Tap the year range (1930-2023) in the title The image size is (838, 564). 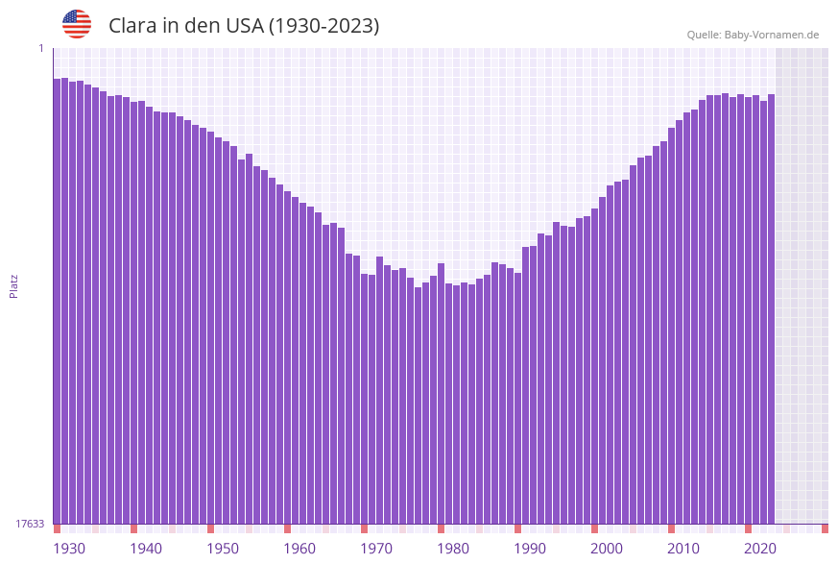tap(324, 26)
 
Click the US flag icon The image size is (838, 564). tap(77, 24)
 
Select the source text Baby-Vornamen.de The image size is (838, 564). tap(771, 35)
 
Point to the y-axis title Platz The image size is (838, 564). tap(14, 285)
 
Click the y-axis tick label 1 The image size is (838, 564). tap(40, 48)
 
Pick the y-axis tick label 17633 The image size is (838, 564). tap(30, 524)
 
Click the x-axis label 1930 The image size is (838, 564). tap(69, 549)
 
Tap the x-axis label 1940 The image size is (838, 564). tap(146, 549)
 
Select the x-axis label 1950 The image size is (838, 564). tap(223, 549)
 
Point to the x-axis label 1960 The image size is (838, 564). tap(299, 549)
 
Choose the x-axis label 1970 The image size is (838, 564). tap(376, 549)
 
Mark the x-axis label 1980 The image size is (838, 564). tap(453, 549)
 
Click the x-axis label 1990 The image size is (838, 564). tap(530, 549)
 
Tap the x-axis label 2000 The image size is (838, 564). tap(607, 549)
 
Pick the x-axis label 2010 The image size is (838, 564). tap(683, 549)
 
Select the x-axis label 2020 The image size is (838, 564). tap(760, 549)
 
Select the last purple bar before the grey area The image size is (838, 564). tap(771, 308)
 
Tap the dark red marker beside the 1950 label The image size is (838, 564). tap(211, 528)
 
